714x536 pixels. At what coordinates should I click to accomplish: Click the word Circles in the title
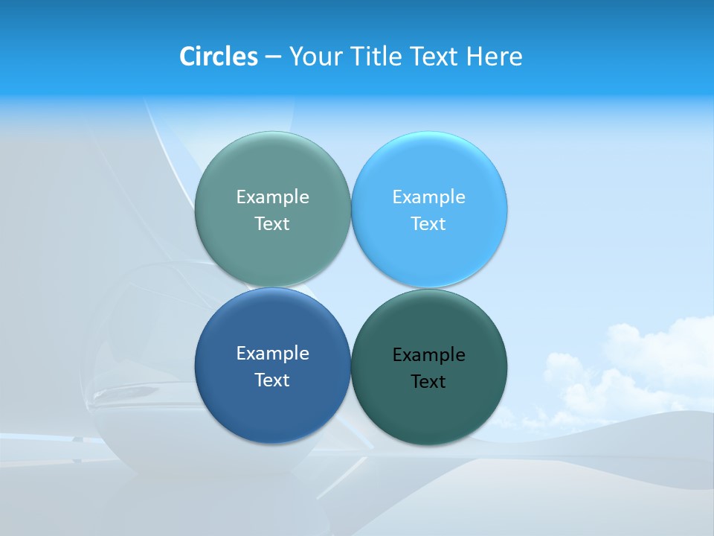pos(218,56)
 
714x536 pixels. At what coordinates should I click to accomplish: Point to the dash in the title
pos(273,57)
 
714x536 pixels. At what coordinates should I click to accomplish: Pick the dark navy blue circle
pos(272,409)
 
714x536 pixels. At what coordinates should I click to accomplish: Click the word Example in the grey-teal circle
pos(272,197)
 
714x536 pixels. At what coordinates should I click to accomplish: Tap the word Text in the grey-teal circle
pos(272,223)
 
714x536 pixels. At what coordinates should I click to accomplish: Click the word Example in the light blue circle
pos(429,197)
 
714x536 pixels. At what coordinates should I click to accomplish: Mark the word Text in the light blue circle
pos(429,223)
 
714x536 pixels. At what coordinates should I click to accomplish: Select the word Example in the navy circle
pos(272,353)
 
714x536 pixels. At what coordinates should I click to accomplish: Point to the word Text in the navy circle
pos(272,380)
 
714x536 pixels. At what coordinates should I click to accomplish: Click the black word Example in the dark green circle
pos(429,354)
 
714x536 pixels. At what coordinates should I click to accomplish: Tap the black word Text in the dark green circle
pos(429,381)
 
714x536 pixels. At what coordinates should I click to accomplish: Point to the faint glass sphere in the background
pos(141,357)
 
